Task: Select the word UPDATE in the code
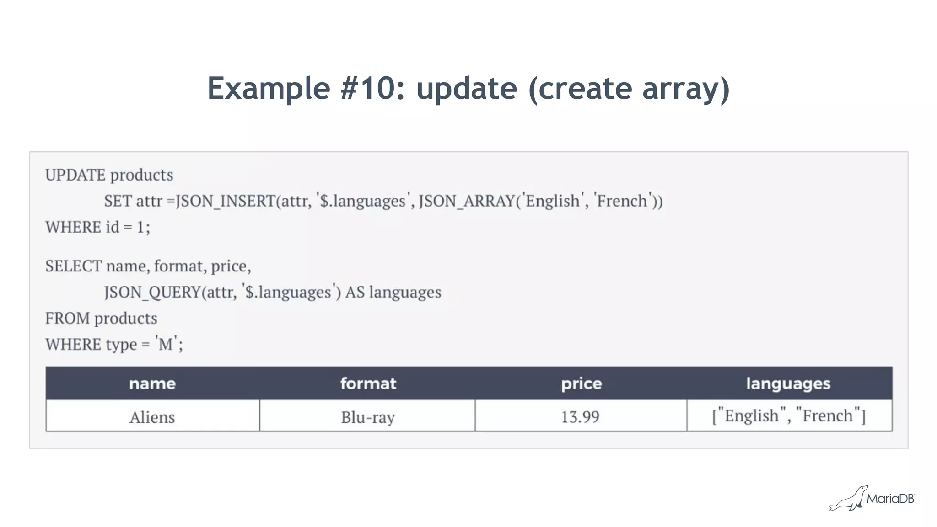75,175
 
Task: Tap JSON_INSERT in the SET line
226,201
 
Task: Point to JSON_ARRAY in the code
467,201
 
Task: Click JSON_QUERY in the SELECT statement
152,292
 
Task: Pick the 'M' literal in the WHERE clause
166,344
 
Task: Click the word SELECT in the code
73,266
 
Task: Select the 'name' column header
152,383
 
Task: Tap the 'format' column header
368,383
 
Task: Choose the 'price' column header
581,383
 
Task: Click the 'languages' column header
788,383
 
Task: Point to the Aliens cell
152,417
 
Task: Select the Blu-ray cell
368,417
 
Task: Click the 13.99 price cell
580,417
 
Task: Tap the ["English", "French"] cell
789,416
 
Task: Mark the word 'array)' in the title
686,89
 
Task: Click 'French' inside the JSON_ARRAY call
622,201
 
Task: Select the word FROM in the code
67,318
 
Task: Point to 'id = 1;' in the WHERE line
128,227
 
